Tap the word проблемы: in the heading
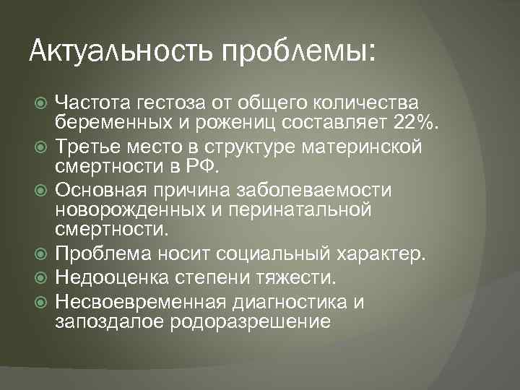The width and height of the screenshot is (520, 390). pos(298,51)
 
